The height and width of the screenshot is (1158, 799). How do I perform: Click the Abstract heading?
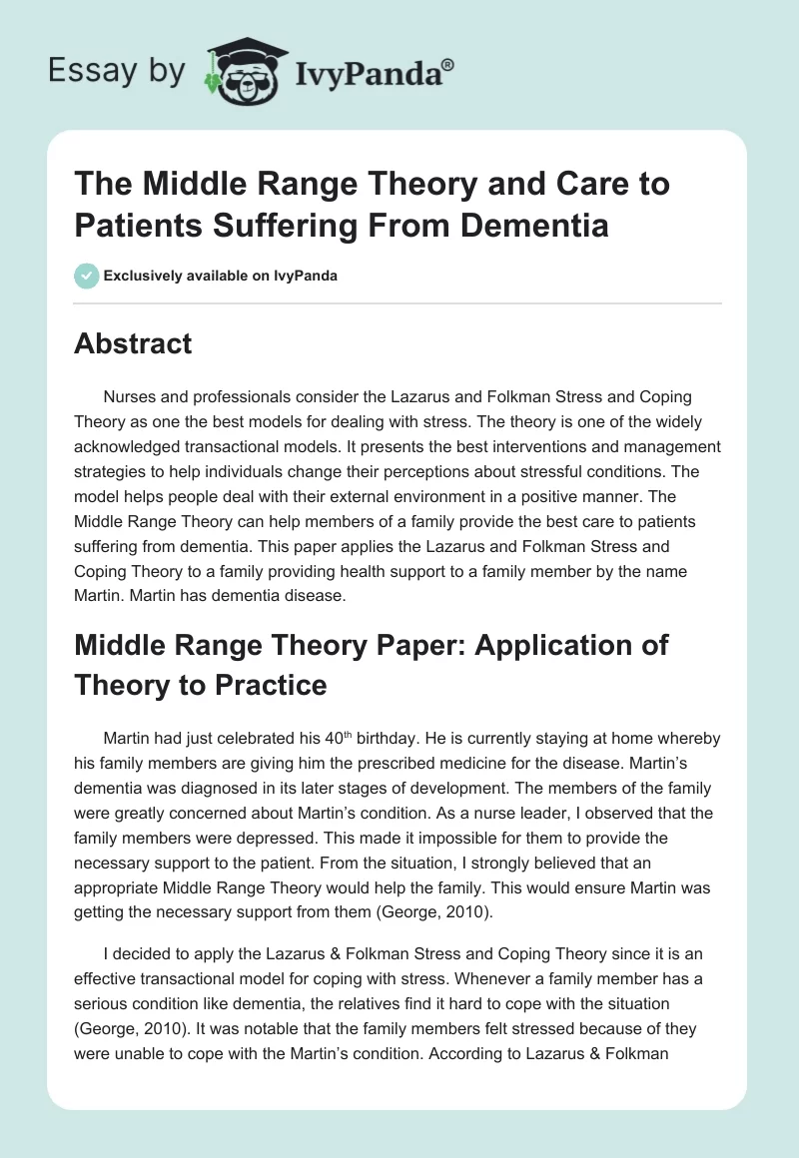click(x=133, y=343)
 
